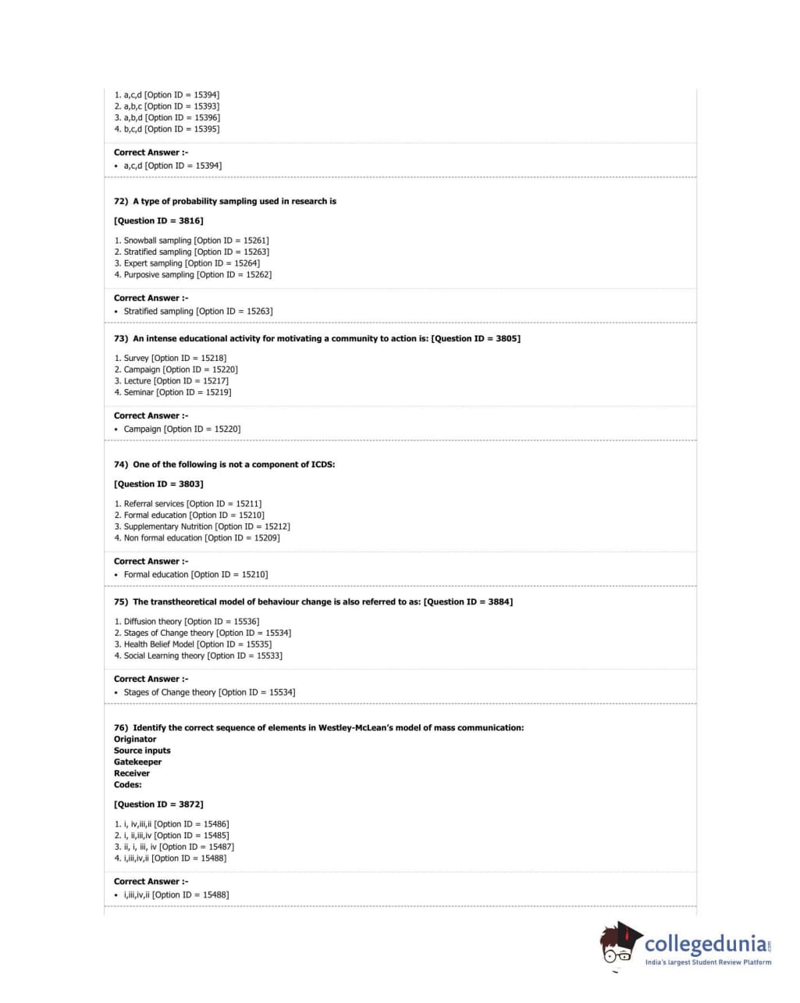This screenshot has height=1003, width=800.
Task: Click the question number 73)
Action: point(121,339)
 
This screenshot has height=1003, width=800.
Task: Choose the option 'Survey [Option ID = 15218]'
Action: point(175,359)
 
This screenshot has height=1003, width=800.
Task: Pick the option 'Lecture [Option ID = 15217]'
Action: point(176,381)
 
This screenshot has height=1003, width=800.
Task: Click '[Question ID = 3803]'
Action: point(158,484)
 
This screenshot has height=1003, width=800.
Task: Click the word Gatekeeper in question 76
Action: point(138,762)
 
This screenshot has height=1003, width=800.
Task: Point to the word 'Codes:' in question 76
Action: point(128,785)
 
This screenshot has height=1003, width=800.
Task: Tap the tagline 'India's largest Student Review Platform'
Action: point(708,962)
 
